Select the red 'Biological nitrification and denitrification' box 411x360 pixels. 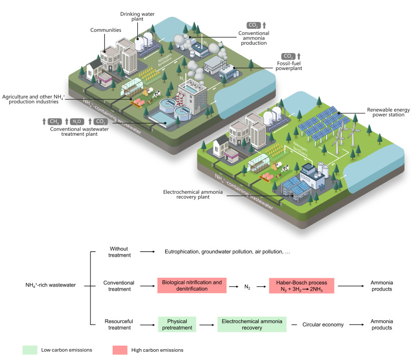click(192, 285)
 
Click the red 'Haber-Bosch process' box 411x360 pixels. click(301, 285)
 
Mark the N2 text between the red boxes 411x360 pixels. click(247, 285)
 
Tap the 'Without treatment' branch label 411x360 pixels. click(118, 251)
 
